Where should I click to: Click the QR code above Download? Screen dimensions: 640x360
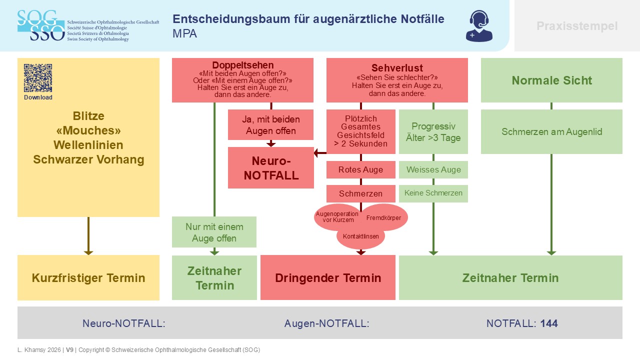point(38,78)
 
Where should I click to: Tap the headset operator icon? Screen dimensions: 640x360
point(479,26)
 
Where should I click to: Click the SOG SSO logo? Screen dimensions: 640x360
point(41,25)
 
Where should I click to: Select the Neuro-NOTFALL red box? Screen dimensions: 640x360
point(271,167)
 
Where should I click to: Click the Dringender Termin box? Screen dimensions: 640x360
point(328,277)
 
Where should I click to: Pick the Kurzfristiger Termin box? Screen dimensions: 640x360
point(88,277)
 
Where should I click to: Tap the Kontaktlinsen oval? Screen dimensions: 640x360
point(361,236)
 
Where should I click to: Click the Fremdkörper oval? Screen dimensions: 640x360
point(383,217)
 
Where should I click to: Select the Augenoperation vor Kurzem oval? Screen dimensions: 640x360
point(337,217)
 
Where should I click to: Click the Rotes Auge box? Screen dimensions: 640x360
point(361,169)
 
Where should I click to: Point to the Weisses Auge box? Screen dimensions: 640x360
point(433,169)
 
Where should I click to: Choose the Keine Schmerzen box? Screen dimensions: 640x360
point(433,193)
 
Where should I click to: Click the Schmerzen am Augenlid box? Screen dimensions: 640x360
point(551,131)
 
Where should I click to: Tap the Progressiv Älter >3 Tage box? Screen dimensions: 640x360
point(433,131)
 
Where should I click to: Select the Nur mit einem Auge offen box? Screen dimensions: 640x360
point(214,232)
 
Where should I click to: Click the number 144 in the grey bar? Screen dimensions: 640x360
point(549,323)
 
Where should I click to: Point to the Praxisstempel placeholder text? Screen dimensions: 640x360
point(577,26)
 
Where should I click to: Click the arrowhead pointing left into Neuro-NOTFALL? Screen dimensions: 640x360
point(316,153)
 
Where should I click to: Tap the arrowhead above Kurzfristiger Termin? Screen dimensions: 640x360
point(88,252)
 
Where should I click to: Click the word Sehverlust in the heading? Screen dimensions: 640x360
point(397,68)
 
